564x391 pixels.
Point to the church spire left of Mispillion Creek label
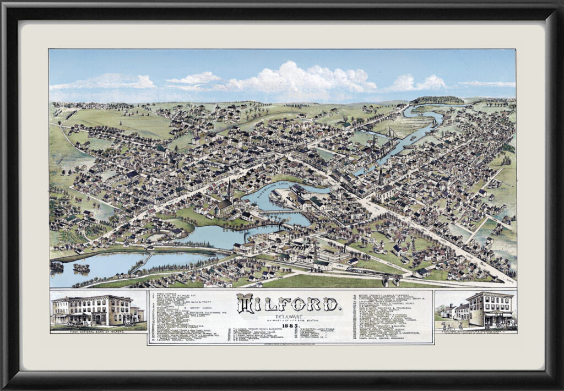pyautogui.click(x=229, y=189)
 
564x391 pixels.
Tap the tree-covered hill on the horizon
pyautogui.click(x=438, y=100)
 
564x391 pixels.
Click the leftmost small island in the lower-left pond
pyautogui.click(x=57, y=266)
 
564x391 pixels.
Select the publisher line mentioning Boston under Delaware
pyautogui.click(x=292, y=322)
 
